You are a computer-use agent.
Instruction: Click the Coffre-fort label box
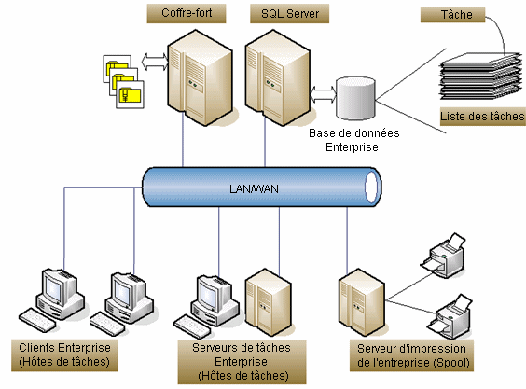tap(187, 13)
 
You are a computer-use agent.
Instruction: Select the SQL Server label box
tap(289, 13)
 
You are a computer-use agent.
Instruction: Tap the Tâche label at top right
tap(453, 15)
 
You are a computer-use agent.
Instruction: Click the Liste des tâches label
tap(483, 117)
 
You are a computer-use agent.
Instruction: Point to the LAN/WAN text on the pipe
tap(254, 189)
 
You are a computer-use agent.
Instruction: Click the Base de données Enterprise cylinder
tap(355, 98)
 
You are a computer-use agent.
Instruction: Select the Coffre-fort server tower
tap(200, 77)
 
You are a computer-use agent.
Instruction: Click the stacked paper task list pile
tap(481, 76)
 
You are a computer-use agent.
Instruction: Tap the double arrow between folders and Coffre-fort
tap(155, 62)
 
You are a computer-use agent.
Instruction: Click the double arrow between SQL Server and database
tap(323, 94)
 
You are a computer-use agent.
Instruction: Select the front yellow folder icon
tap(131, 94)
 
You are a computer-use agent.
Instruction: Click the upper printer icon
tap(444, 254)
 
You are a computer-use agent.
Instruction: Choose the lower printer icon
tap(450, 315)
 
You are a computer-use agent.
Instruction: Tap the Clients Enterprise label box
tap(64, 355)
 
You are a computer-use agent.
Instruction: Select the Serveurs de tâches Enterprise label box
tap(242, 362)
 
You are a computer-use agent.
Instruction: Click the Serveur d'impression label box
tap(411, 355)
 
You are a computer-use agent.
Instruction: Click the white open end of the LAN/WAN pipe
tap(371, 187)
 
